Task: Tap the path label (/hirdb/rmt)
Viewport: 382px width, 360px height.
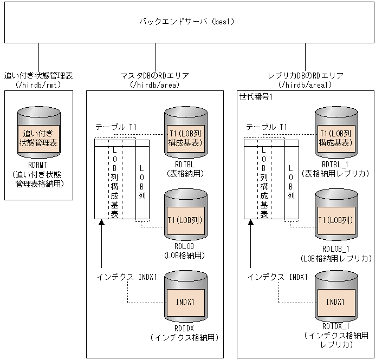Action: point(38,84)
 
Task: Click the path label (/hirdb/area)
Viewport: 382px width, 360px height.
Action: point(155,84)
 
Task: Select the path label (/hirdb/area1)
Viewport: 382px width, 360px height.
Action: point(305,84)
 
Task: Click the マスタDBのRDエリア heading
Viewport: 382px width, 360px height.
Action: point(155,76)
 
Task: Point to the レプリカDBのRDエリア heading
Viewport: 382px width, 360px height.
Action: point(305,76)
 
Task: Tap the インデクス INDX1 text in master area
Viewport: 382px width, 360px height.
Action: point(127,277)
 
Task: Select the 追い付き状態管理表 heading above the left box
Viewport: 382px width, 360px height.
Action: point(38,76)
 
